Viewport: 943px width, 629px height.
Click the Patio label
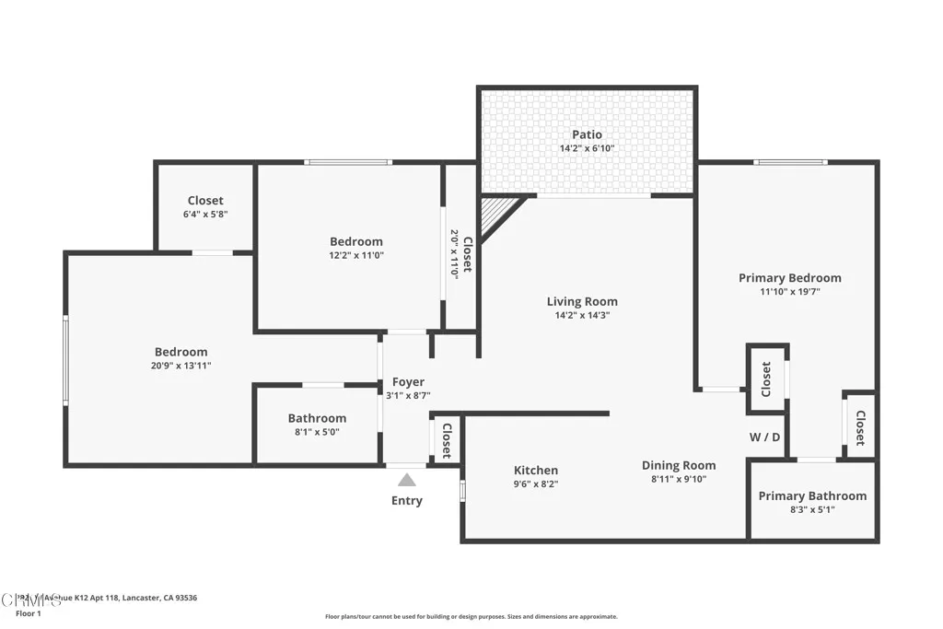pyautogui.click(x=587, y=134)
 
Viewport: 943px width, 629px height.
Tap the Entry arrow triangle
pyautogui.click(x=406, y=480)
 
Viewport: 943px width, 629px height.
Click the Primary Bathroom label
pyautogui.click(x=812, y=495)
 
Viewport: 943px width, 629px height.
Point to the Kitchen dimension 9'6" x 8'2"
pyautogui.click(x=536, y=483)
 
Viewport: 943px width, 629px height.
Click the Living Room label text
pyautogui.click(x=582, y=301)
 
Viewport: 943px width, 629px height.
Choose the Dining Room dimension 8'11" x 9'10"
pyautogui.click(x=679, y=479)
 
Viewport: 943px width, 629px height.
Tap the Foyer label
pyautogui.click(x=408, y=381)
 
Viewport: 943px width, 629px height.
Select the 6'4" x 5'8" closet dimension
pyautogui.click(x=205, y=214)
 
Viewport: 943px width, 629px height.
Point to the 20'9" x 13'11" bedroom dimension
pyautogui.click(x=180, y=366)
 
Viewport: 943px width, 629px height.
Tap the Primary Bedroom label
pyautogui.click(x=789, y=277)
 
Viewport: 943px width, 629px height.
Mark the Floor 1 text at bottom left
pyautogui.click(x=27, y=612)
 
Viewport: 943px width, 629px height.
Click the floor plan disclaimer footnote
pyautogui.click(x=471, y=617)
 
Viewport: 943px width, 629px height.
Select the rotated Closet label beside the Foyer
pyautogui.click(x=447, y=440)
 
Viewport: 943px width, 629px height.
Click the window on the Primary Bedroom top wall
pyautogui.click(x=790, y=163)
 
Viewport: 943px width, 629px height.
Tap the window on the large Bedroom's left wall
pyautogui.click(x=65, y=359)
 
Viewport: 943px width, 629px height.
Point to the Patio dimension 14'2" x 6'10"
pyautogui.click(x=587, y=148)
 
